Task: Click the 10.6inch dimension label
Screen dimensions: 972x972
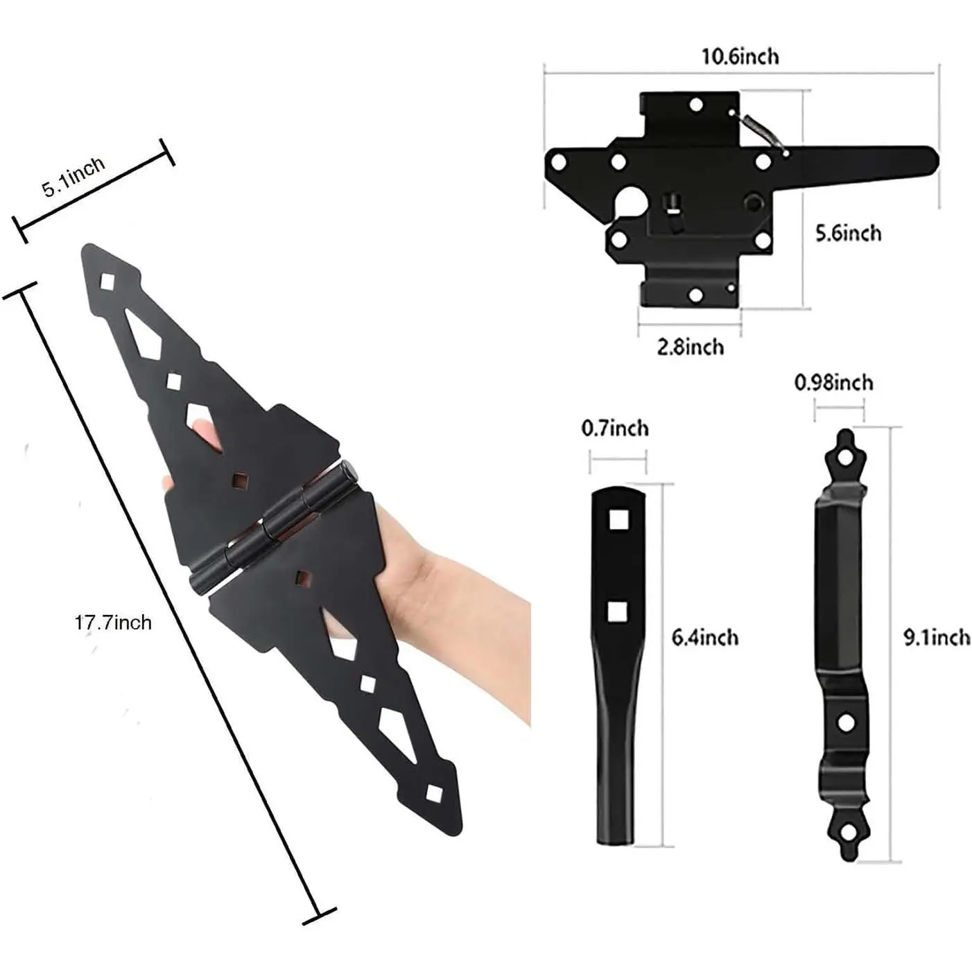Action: coord(740,56)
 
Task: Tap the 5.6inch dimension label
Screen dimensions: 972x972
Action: coord(849,234)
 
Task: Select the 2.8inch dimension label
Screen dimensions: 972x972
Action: coord(690,347)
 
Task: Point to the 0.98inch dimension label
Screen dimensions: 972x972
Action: coord(834,383)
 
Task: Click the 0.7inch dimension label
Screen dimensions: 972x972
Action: coord(615,428)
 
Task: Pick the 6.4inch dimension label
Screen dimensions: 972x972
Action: coord(704,638)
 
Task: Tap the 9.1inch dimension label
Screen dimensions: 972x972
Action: coord(936,638)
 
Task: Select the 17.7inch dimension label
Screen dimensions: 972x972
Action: coord(113,623)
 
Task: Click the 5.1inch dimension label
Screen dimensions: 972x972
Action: coord(73,176)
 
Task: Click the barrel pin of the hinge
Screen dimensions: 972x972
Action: coord(272,526)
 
